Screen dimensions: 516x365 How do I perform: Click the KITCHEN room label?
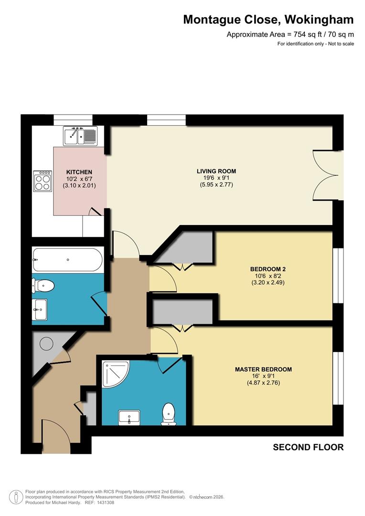click(79, 172)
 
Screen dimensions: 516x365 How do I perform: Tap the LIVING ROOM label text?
click(216, 171)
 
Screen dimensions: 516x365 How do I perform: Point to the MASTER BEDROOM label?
click(263, 369)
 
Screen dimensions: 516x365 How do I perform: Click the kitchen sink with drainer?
click(80, 135)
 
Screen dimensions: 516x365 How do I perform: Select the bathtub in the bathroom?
click(67, 260)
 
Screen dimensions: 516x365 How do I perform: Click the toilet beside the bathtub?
click(43, 286)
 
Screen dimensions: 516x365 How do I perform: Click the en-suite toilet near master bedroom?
click(168, 413)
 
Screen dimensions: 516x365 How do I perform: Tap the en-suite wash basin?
click(129, 418)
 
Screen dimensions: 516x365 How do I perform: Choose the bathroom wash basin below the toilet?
click(40, 310)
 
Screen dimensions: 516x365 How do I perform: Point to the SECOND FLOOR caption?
click(308, 447)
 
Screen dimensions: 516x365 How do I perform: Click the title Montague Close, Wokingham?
click(268, 20)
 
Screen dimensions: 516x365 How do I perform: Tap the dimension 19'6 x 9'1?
click(216, 178)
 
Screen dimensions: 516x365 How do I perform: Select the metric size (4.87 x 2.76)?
click(263, 383)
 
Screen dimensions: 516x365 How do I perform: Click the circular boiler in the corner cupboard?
click(47, 343)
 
